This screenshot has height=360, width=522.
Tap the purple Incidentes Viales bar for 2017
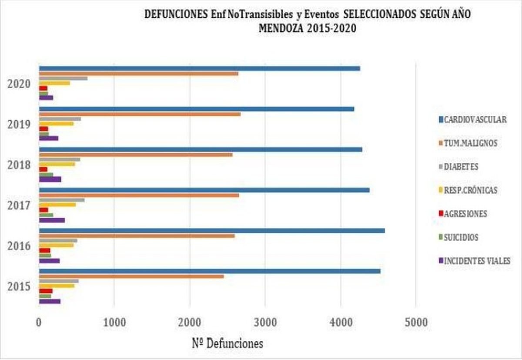click(52, 220)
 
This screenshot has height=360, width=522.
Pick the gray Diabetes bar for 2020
click(63, 78)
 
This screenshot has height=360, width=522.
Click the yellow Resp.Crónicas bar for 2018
click(57, 164)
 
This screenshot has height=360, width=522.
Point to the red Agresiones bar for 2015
click(46, 291)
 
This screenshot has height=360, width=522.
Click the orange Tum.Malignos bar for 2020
click(139, 74)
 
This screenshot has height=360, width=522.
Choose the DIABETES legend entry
click(461, 166)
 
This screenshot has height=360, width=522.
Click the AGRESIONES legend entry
click(465, 214)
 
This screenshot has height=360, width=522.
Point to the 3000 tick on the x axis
click(265, 323)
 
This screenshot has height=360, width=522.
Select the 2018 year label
click(19, 165)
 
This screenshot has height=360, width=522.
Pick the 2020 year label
click(19, 84)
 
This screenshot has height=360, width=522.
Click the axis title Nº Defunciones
click(228, 343)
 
